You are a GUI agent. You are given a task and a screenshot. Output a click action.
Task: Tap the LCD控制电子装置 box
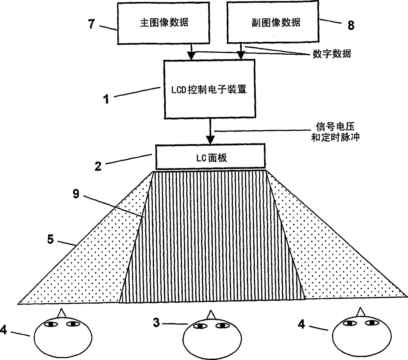pyautogui.click(x=210, y=89)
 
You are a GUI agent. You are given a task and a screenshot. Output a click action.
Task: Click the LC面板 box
pyautogui.click(x=210, y=157)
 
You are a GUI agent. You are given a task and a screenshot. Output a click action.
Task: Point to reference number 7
pyautogui.click(x=92, y=24)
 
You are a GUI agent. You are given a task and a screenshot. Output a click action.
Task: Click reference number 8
pyautogui.click(x=351, y=26)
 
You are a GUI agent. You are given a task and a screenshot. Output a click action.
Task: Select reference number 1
pyautogui.click(x=106, y=99)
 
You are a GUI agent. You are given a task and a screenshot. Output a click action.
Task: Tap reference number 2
pyautogui.click(x=98, y=166)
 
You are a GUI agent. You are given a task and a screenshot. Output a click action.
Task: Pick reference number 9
pyautogui.click(x=76, y=194)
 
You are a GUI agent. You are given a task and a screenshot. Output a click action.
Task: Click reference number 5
pyautogui.click(x=50, y=239)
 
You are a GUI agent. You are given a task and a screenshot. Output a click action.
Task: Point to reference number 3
pyautogui.click(x=157, y=322)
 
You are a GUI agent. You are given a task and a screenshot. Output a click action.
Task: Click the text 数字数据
pyautogui.click(x=332, y=54)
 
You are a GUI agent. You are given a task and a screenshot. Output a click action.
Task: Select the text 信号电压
pyautogui.click(x=335, y=127)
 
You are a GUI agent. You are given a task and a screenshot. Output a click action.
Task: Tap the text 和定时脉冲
pyautogui.click(x=335, y=137)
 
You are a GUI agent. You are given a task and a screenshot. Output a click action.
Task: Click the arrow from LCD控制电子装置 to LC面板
pyautogui.click(x=210, y=132)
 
